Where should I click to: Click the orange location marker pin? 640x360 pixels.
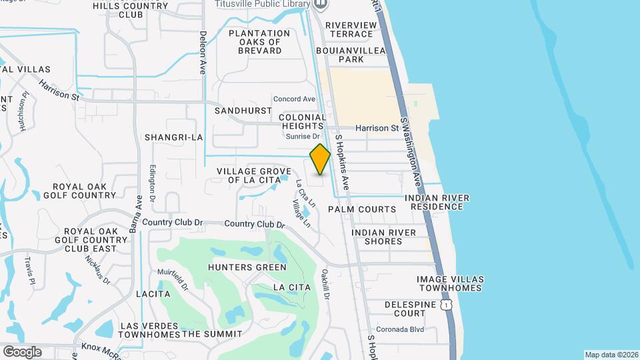[320, 159]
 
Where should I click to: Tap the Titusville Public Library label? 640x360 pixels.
[263, 4]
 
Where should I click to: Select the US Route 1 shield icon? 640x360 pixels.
[446, 305]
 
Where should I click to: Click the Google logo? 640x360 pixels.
[22, 351]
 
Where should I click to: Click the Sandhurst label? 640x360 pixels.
[243, 111]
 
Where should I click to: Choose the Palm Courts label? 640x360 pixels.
[362, 209]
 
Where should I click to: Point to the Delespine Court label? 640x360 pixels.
[405, 309]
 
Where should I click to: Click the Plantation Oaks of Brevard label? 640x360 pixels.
[259, 42]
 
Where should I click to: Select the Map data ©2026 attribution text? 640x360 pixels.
[610, 355]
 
